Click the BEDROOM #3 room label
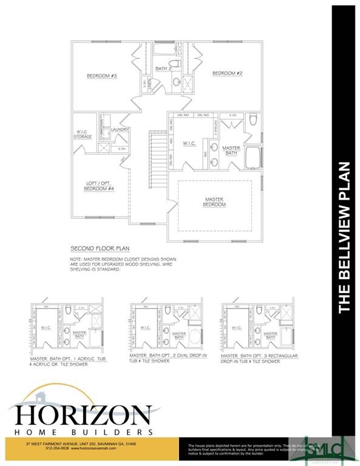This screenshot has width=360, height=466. click(x=101, y=76)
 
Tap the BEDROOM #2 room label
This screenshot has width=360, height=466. click(x=227, y=73)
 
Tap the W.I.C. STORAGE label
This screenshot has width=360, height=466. click(x=84, y=134)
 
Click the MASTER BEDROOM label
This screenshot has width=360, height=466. click(x=214, y=202)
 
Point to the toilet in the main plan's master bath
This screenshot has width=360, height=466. click(x=253, y=121)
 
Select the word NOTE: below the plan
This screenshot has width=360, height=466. click(x=78, y=259)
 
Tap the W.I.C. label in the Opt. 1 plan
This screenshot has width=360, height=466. click(x=47, y=329)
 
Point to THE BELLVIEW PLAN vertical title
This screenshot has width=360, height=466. click(x=345, y=237)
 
